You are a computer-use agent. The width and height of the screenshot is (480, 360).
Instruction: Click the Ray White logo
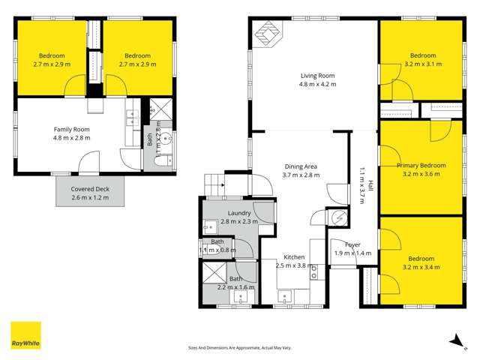25,335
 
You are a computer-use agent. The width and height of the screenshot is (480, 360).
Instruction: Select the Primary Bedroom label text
421,166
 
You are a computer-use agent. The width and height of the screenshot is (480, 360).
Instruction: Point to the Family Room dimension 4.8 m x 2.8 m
71,138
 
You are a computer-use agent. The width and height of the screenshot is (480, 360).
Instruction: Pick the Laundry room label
239,213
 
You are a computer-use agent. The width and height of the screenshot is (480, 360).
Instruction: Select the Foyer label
353,245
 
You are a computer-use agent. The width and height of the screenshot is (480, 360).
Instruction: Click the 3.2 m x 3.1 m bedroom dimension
422,64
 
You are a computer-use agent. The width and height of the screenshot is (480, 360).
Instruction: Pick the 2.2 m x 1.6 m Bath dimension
235,286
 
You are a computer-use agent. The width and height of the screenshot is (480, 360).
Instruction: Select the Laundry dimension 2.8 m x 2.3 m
239,222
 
